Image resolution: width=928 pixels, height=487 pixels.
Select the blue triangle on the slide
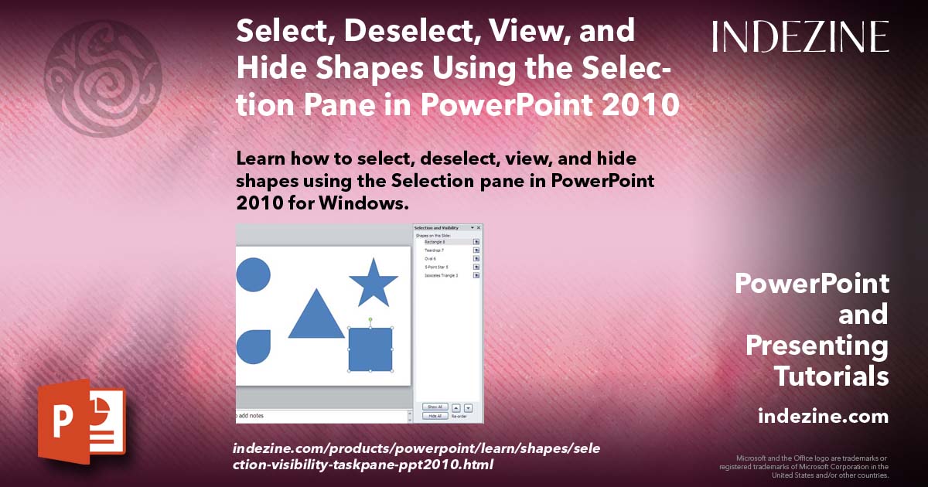tap(316, 317)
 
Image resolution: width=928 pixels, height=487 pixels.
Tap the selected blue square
tap(370, 349)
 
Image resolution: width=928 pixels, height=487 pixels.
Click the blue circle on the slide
tap(252, 275)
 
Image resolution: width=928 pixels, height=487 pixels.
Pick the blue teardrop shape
tap(253, 347)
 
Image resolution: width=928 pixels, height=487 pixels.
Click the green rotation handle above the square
tap(370, 319)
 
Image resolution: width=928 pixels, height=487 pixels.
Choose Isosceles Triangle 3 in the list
tap(442, 275)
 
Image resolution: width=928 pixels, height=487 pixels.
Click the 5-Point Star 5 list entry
tap(438, 267)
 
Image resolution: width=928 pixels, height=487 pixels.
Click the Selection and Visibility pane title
tap(437, 228)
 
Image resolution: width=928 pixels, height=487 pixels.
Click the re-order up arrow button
tap(455, 407)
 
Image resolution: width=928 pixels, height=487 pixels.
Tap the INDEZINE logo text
tap(800, 37)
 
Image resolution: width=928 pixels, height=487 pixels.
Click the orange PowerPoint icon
tap(81, 421)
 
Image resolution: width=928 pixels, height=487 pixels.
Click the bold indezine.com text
tap(823, 417)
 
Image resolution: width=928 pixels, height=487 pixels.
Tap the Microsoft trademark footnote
tap(804, 466)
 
